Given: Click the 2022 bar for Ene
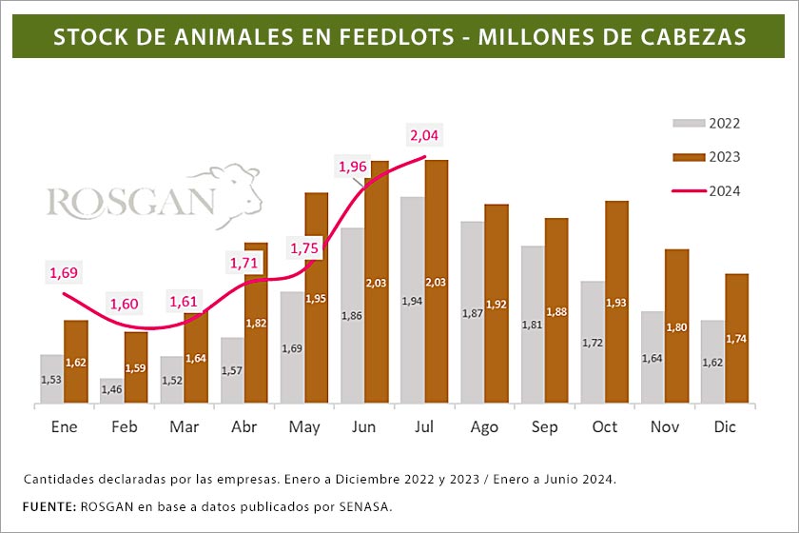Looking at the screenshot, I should [x=51, y=379].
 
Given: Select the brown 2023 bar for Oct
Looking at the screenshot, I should [x=616, y=302].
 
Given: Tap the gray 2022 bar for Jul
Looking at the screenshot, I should [x=413, y=300].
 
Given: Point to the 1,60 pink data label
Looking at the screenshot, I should [x=125, y=305].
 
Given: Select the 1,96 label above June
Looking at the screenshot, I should [x=353, y=168].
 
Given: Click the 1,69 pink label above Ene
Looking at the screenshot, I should [x=63, y=274].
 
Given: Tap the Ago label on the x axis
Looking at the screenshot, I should [x=484, y=427].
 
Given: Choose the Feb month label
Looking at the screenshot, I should [x=125, y=427].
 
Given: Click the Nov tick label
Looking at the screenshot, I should [x=665, y=427].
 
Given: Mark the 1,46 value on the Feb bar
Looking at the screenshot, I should [x=111, y=390].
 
